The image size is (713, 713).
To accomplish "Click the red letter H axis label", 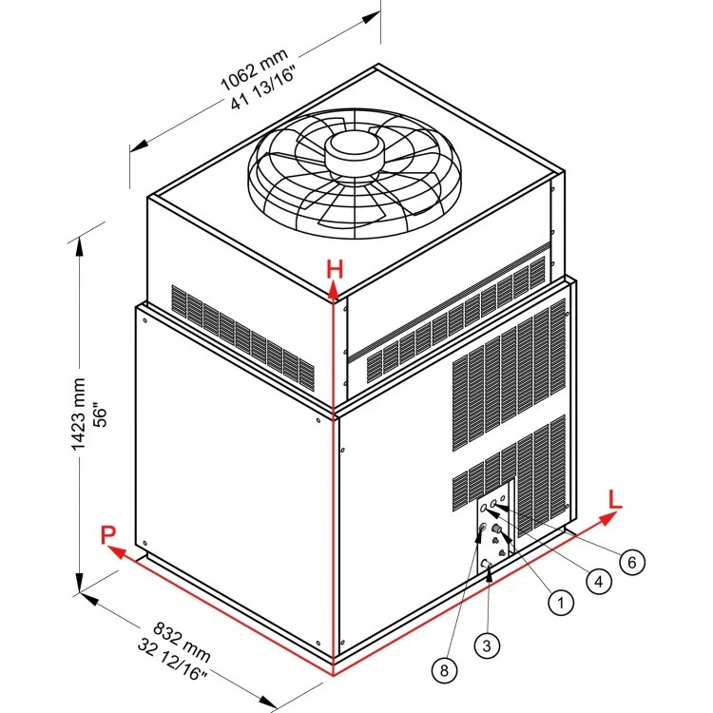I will [x=334, y=269].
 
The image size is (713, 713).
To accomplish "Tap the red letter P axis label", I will [x=109, y=535].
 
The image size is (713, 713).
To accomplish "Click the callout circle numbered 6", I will [x=629, y=562].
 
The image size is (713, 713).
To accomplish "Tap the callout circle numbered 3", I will [x=487, y=646].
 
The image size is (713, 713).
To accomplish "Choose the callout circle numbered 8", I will [x=443, y=669].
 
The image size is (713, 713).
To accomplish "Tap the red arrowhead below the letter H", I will [x=334, y=294].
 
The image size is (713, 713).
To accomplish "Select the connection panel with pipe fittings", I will [x=494, y=533].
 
